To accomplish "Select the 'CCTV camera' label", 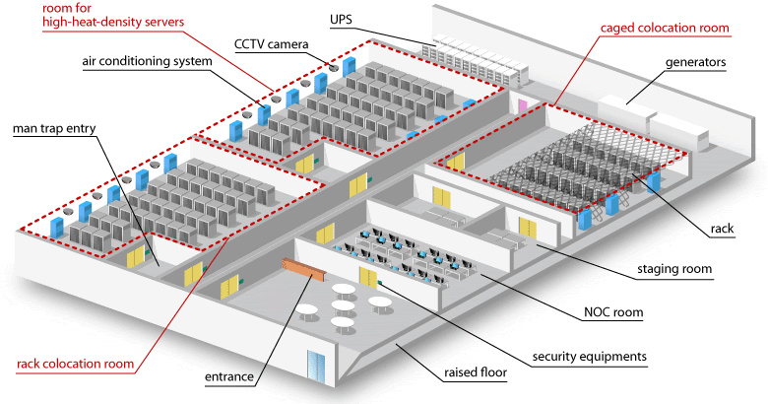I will click(x=272, y=43).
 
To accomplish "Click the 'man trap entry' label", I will click(x=51, y=128).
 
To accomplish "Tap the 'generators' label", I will click(x=695, y=61).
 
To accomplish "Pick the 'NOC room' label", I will click(x=611, y=312).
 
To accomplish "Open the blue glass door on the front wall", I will click(x=316, y=368).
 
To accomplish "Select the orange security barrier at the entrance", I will click(x=302, y=267).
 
